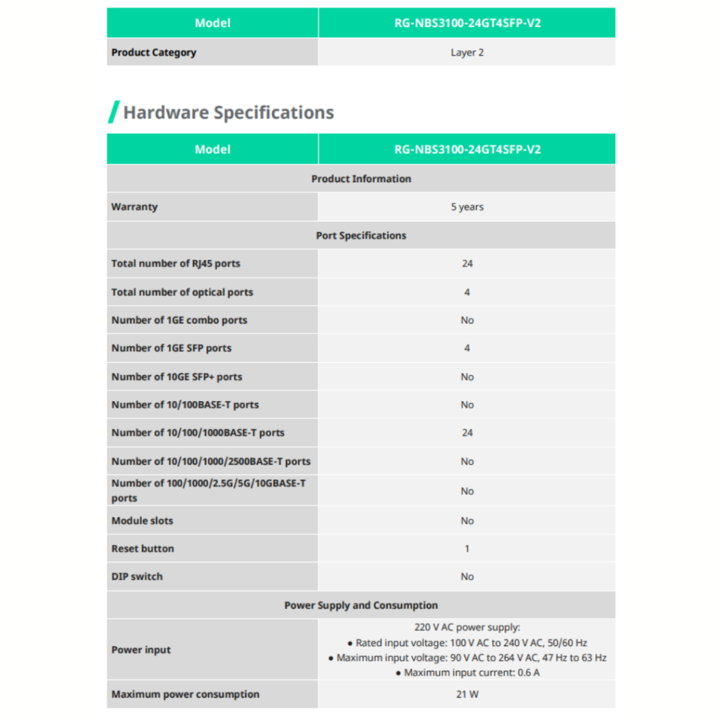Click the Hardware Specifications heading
click(228, 112)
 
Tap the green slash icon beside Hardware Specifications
click(113, 112)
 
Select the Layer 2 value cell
click(467, 52)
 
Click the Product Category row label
click(154, 52)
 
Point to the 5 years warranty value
click(467, 207)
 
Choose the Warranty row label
click(135, 207)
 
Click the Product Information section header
click(361, 179)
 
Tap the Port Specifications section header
click(361, 235)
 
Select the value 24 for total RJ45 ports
click(467, 263)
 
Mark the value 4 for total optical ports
click(467, 292)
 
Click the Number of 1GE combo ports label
click(179, 320)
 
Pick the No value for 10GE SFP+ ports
click(467, 376)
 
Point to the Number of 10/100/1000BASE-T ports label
click(198, 433)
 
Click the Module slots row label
click(142, 520)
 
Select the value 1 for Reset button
click(467, 549)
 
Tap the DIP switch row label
click(137, 576)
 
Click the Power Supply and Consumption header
click(361, 605)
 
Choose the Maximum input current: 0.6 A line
click(467, 673)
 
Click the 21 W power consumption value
click(467, 694)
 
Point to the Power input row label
click(141, 650)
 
